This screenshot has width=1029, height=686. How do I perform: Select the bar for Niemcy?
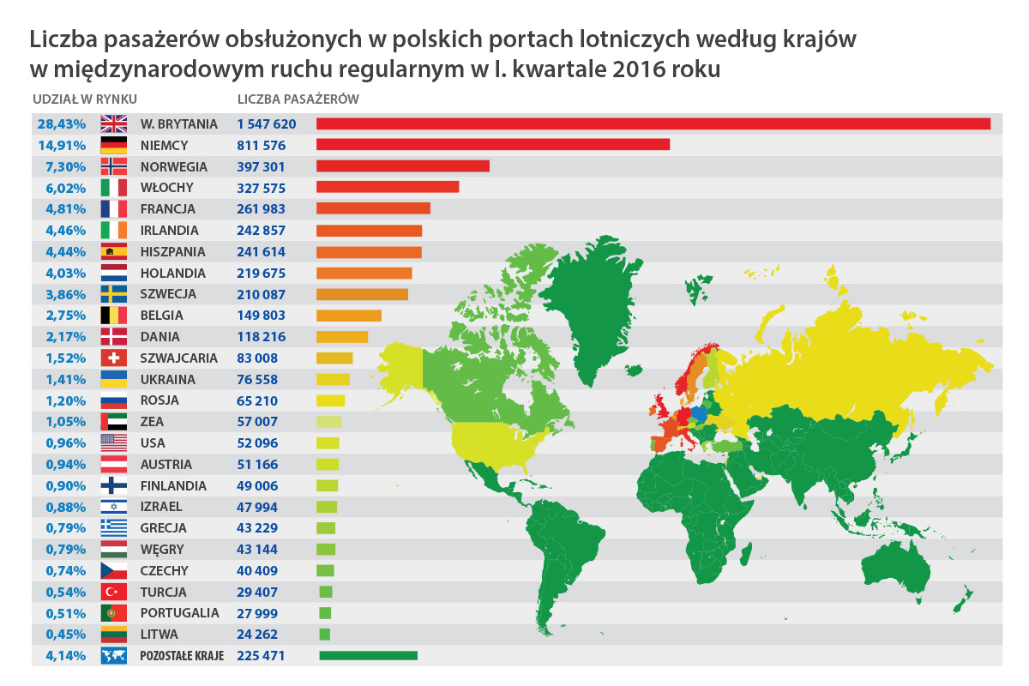pos(493,145)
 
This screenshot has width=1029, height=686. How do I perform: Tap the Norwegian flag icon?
pos(114,166)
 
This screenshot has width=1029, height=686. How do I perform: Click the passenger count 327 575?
pos(262,188)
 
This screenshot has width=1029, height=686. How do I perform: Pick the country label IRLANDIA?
pos(169,231)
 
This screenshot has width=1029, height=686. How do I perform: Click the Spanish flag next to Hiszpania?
pos(114,252)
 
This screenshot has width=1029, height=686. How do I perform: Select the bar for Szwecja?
pos(362,294)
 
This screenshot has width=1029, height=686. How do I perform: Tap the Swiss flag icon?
pos(114,358)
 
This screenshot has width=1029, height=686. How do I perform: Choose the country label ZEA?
pos(152,422)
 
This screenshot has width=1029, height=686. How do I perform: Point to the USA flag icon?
pos(114,443)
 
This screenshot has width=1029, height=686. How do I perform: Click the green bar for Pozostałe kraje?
pos(368,656)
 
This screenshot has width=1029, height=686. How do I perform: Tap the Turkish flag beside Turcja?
pos(114,592)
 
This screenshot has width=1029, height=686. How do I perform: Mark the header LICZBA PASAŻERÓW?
pos(298,99)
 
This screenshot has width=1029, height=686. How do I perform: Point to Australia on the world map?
pos(892,570)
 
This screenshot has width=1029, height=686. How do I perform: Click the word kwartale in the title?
pos(557,69)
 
